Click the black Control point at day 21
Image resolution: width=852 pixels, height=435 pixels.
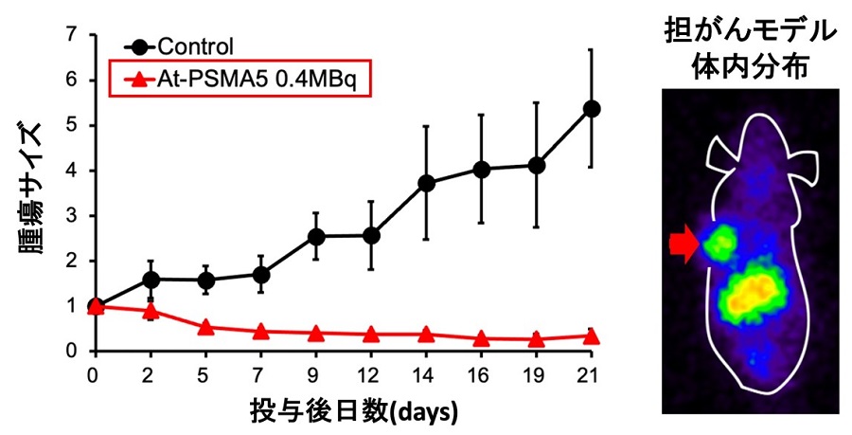[x=591, y=109]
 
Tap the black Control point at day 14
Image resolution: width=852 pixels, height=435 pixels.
[x=426, y=183]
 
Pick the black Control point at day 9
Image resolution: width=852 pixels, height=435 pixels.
[x=316, y=237]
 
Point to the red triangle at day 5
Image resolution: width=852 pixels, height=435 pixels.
[x=205, y=328]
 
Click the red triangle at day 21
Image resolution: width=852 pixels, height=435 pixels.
[x=591, y=335]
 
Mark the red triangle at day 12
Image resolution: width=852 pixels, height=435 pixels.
[x=371, y=334]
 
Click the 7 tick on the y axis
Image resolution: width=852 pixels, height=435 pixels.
[x=71, y=35]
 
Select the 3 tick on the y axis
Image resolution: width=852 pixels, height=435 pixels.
[x=71, y=215]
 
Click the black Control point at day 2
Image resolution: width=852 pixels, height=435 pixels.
[x=151, y=280]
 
